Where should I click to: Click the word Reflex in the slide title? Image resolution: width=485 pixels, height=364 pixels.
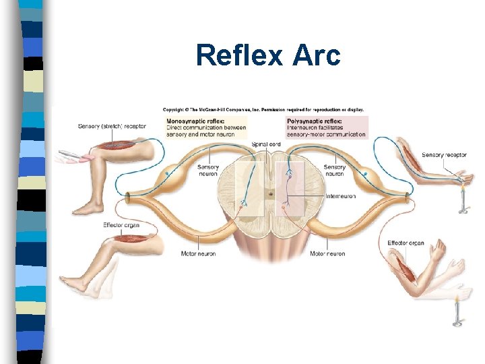click(240, 55)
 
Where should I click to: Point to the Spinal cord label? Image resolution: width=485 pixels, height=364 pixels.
click(265, 144)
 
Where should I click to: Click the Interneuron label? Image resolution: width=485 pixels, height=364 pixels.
click(341, 197)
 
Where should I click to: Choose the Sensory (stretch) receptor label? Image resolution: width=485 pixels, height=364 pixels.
click(112, 126)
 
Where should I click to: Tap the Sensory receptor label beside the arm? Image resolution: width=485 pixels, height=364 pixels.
click(445, 155)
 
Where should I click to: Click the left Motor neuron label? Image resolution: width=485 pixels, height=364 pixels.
click(198, 254)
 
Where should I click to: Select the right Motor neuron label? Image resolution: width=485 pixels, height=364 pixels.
click(327, 254)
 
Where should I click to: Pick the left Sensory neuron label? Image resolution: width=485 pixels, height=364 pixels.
click(208, 171)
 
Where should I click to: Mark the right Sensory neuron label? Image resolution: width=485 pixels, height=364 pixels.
click(334, 171)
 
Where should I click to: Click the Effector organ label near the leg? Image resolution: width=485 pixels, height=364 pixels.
click(121, 224)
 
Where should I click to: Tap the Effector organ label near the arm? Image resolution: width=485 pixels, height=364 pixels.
click(406, 243)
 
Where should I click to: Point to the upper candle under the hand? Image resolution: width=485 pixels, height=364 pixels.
click(463, 199)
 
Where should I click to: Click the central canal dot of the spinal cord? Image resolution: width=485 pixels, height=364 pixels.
click(269, 195)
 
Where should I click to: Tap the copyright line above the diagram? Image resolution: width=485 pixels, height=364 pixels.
click(263, 109)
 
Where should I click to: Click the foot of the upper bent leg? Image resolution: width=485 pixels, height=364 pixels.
click(88, 210)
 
